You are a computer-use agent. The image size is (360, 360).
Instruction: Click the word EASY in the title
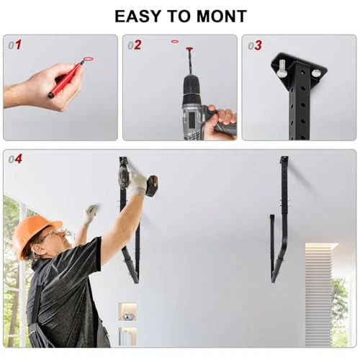[138, 17]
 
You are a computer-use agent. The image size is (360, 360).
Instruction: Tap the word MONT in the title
[222, 17]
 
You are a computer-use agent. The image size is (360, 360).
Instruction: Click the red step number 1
[18, 45]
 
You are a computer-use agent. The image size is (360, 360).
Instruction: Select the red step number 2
[138, 45]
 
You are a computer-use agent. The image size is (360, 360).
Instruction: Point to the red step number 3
[258, 45]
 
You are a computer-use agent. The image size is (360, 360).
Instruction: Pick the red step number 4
[18, 159]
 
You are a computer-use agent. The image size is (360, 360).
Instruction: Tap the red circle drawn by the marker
[88, 59]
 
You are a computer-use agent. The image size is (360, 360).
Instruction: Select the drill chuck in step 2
[192, 85]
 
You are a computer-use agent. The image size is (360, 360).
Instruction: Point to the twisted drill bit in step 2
[190, 63]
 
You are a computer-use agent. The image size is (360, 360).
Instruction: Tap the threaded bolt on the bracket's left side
[282, 68]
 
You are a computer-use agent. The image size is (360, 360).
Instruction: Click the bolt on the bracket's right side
[315, 73]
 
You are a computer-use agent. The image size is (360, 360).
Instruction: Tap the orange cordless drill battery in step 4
[153, 186]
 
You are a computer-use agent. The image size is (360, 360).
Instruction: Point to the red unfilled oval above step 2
[175, 42]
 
